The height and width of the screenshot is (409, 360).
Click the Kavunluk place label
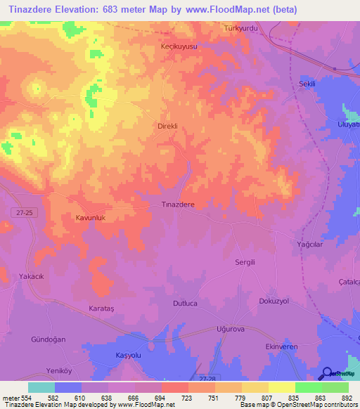(90, 219)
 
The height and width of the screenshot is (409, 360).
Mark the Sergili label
(247, 261)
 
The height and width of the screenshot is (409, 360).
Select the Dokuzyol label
(274, 300)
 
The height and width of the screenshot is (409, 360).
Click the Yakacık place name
(32, 277)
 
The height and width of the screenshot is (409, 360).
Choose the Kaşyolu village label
(129, 356)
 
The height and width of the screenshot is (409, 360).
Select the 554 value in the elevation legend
(28, 398)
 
